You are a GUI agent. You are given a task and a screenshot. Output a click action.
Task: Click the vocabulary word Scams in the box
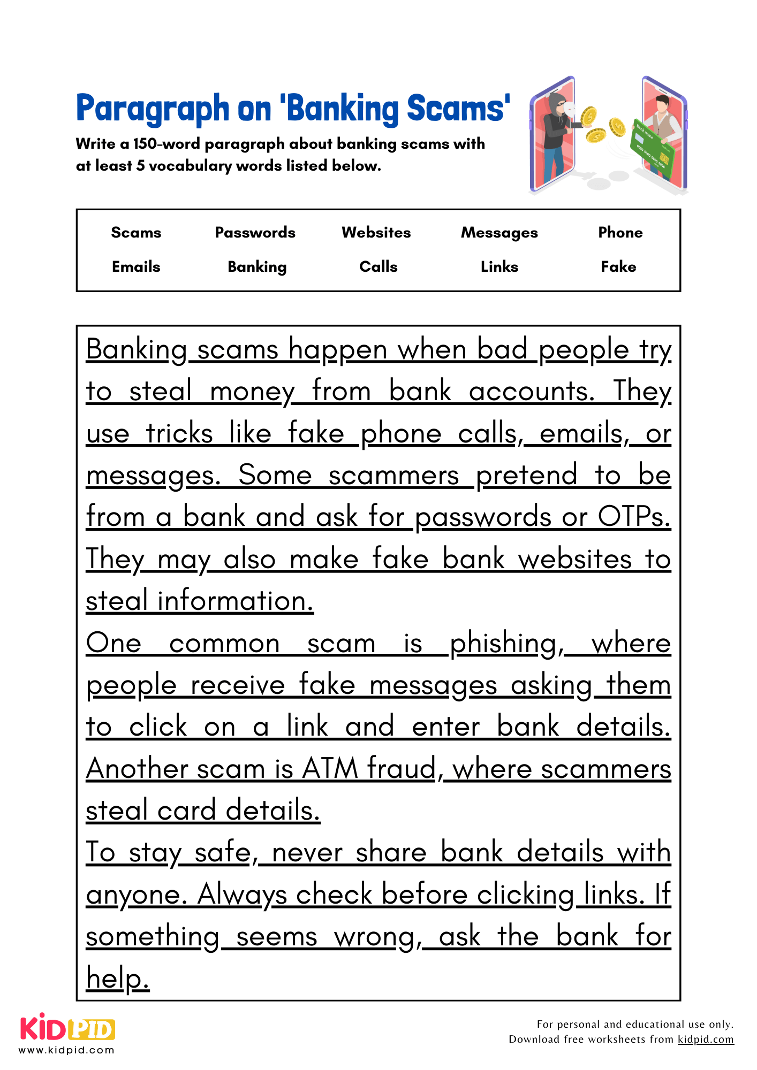coord(136,233)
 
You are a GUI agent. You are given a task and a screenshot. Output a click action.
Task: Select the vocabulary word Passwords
coord(255,233)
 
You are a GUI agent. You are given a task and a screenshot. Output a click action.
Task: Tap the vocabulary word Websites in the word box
coord(376,233)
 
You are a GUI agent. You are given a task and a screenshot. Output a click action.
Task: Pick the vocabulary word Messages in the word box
coord(499,233)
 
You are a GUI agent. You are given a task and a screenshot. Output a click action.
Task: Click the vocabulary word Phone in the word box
coord(620,233)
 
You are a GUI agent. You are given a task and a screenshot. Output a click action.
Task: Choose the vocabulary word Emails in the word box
coord(136,267)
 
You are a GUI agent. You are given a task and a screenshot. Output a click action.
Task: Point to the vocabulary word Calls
coord(378,267)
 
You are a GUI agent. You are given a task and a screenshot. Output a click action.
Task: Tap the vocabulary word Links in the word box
coord(499,267)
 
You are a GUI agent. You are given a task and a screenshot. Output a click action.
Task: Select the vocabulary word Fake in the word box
coord(618,267)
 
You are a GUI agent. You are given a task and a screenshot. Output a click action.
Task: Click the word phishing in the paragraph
coord(506,644)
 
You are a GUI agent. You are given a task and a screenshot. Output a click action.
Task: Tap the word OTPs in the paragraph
coord(634,517)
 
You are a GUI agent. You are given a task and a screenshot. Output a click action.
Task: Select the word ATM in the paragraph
coord(330,769)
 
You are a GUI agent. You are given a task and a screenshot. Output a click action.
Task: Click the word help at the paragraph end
coord(117,979)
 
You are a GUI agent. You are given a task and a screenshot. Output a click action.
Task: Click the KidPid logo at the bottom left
coord(67,1028)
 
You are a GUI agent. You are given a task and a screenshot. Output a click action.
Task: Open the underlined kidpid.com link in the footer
coord(705,1040)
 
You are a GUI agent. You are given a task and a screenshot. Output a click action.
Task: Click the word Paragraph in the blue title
coord(152,109)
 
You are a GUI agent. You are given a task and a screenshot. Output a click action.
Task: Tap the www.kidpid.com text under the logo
coord(66,1050)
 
